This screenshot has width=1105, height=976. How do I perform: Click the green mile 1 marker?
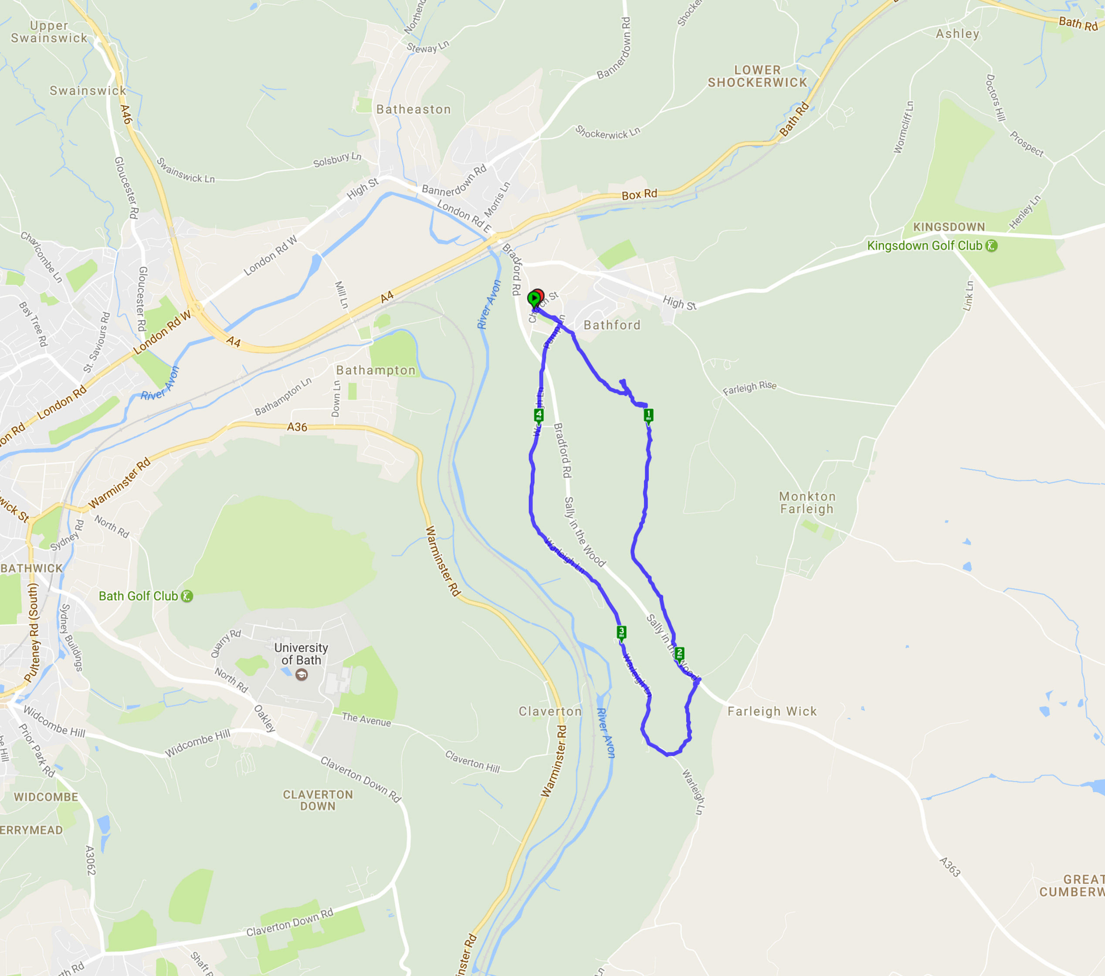[x=648, y=415]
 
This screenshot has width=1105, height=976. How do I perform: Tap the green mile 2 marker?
[x=680, y=653]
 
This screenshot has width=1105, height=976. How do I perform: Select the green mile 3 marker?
[x=621, y=631]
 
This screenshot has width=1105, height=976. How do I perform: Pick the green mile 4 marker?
[x=539, y=415]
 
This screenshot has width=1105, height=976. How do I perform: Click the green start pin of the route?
[x=534, y=298]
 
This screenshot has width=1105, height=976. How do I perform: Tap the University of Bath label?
[x=301, y=654]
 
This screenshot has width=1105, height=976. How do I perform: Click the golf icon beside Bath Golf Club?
[x=187, y=596]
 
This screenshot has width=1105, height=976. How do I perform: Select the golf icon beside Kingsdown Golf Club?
[x=991, y=245]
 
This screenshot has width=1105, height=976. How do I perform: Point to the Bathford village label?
[x=612, y=325]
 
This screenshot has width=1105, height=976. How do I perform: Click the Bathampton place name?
[x=376, y=370]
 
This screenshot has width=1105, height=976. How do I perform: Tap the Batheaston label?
[x=414, y=109]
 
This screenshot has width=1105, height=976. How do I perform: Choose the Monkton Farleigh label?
[x=807, y=502]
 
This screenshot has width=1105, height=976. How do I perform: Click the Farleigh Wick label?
[x=772, y=711]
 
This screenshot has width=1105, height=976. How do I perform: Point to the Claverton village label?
[x=550, y=711]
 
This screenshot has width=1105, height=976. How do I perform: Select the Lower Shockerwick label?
[x=757, y=76]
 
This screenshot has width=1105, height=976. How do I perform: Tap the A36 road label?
[x=297, y=427]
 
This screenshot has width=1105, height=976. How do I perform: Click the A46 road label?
[x=126, y=115]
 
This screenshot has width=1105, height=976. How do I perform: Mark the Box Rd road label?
[x=639, y=195]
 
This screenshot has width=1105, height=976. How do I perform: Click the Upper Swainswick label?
[x=49, y=32]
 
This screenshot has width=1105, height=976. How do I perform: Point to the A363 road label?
[x=950, y=867]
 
